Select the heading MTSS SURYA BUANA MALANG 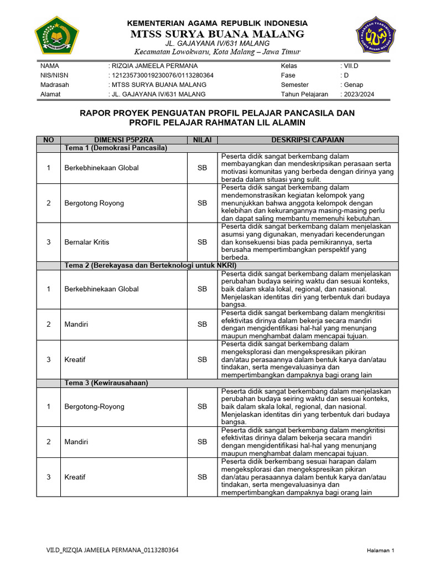click(217, 34)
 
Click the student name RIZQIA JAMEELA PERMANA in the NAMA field click(154, 66)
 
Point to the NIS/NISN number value click(163, 75)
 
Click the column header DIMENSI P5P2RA click(123, 140)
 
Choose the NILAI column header click(202, 140)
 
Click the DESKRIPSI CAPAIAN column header click(308, 140)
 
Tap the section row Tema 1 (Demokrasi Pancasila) click(116, 148)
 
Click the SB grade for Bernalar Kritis click(202, 242)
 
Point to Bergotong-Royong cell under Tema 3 click(95, 406)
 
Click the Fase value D click(346, 75)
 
